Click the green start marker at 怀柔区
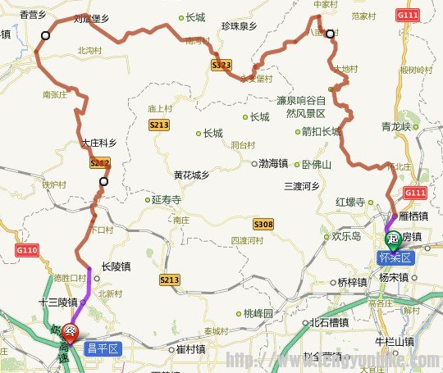395,240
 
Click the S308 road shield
263,224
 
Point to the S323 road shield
220,66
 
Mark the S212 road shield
98,164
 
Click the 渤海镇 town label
272,163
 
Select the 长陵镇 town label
116,266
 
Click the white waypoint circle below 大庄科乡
103,182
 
